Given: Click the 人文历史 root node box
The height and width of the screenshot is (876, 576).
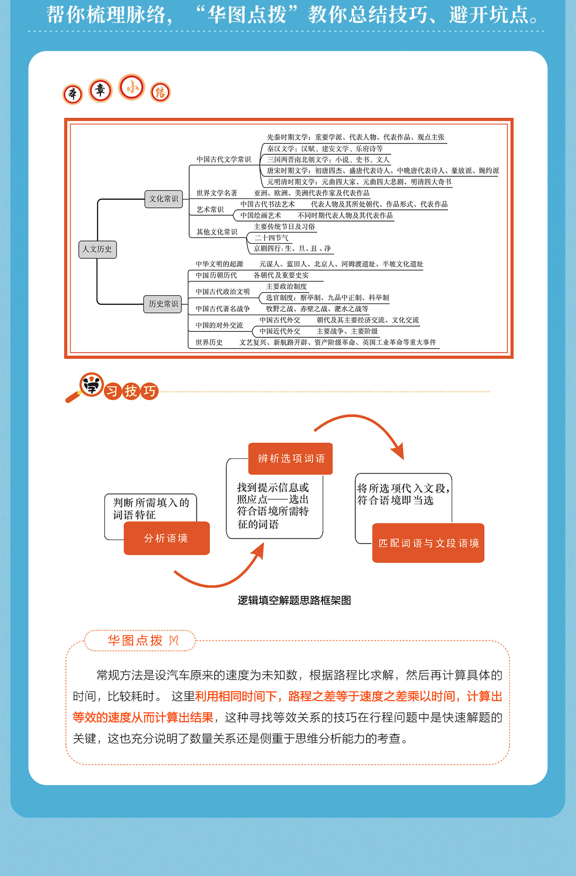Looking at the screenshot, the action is pyautogui.click(x=97, y=249).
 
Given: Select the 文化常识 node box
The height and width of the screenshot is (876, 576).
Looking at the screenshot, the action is pyautogui.click(x=164, y=199).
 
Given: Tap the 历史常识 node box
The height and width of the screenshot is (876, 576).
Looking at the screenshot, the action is pyautogui.click(x=163, y=304).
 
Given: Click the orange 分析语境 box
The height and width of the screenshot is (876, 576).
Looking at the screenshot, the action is pyautogui.click(x=166, y=538).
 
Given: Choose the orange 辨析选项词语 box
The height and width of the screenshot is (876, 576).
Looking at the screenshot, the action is pyautogui.click(x=291, y=459).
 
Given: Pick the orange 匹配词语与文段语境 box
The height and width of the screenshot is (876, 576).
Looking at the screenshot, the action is pyautogui.click(x=428, y=543).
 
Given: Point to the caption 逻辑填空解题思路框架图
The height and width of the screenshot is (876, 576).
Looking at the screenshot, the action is pyautogui.click(x=294, y=600).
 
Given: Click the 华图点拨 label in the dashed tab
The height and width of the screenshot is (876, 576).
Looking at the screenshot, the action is pyautogui.click(x=135, y=641).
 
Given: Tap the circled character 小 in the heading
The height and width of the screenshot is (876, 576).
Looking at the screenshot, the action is pyautogui.click(x=132, y=87).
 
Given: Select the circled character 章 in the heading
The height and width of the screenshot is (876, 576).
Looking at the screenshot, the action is pyautogui.click(x=100, y=91).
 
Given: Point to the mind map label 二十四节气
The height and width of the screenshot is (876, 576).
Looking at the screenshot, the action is pyautogui.click(x=271, y=238).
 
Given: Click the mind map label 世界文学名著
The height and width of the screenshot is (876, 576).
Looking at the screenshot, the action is pyautogui.click(x=217, y=193).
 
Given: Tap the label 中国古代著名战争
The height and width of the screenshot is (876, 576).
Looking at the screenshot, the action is pyautogui.click(x=222, y=309).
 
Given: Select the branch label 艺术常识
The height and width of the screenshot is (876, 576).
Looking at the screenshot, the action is pyautogui.click(x=210, y=209).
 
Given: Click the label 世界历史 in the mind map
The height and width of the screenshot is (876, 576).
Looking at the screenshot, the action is pyautogui.click(x=209, y=342).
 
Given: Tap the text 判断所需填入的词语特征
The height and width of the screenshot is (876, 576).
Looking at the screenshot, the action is pyautogui.click(x=151, y=509).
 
